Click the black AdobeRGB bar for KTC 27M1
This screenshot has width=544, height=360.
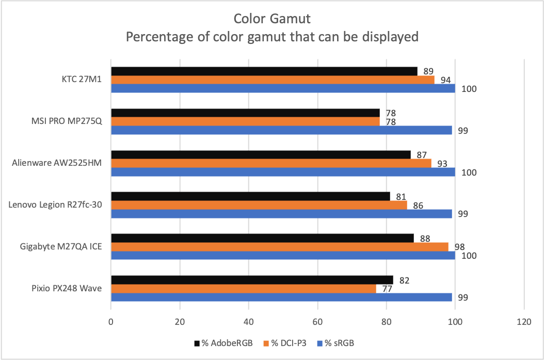[x=264, y=71]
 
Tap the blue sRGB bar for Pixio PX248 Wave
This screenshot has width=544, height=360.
[x=281, y=298]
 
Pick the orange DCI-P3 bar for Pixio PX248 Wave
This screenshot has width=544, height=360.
[x=244, y=289]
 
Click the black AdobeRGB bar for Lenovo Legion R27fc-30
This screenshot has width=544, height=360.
[x=250, y=196]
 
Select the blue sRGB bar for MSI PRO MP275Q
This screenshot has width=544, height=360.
[x=281, y=130]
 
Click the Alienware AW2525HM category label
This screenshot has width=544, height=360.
[x=57, y=163]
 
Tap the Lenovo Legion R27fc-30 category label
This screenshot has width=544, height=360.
[x=55, y=205]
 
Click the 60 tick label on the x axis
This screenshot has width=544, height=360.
[x=317, y=321]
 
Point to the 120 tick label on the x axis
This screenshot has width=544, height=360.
[x=524, y=321]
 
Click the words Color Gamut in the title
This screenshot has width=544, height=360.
[x=271, y=19]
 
